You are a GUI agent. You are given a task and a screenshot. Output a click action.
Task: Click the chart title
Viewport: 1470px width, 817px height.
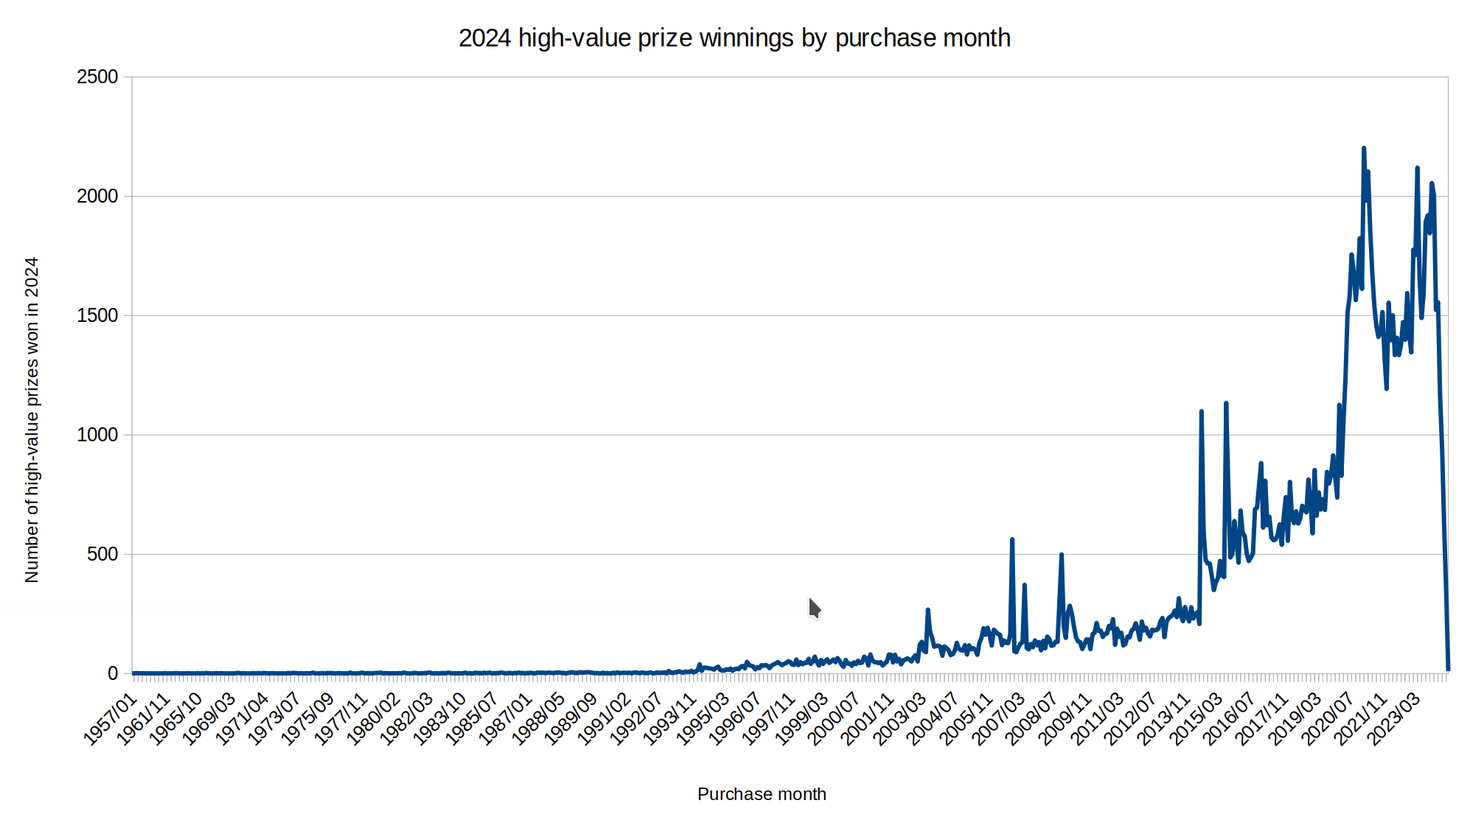734,38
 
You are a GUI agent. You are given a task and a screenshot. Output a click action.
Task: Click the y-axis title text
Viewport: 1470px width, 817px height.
32,420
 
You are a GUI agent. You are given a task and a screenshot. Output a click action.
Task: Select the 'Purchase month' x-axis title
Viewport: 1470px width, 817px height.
762,794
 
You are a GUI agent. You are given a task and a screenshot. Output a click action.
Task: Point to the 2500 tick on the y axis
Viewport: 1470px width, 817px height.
97,77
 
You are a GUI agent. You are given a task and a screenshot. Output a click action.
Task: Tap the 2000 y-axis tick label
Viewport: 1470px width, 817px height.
97,197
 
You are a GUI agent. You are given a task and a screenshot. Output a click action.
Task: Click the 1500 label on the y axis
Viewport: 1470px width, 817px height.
97,316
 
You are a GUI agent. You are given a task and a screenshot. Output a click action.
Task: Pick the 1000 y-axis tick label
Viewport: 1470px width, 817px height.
97,435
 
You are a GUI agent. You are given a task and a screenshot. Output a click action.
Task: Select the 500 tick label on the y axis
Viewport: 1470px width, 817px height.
102,555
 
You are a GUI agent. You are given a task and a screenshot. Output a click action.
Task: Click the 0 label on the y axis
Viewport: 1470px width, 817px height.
113,673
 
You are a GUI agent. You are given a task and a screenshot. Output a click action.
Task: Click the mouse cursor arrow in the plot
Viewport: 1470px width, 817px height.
814,608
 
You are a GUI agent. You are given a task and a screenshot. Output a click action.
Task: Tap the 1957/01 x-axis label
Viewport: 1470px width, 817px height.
111,719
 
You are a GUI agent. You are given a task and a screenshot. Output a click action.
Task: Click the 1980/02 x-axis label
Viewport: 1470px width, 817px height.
374,719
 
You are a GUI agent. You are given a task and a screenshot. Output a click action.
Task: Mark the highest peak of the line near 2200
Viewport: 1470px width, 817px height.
1363,149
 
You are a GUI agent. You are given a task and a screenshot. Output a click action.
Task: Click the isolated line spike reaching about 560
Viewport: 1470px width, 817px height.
1012,540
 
